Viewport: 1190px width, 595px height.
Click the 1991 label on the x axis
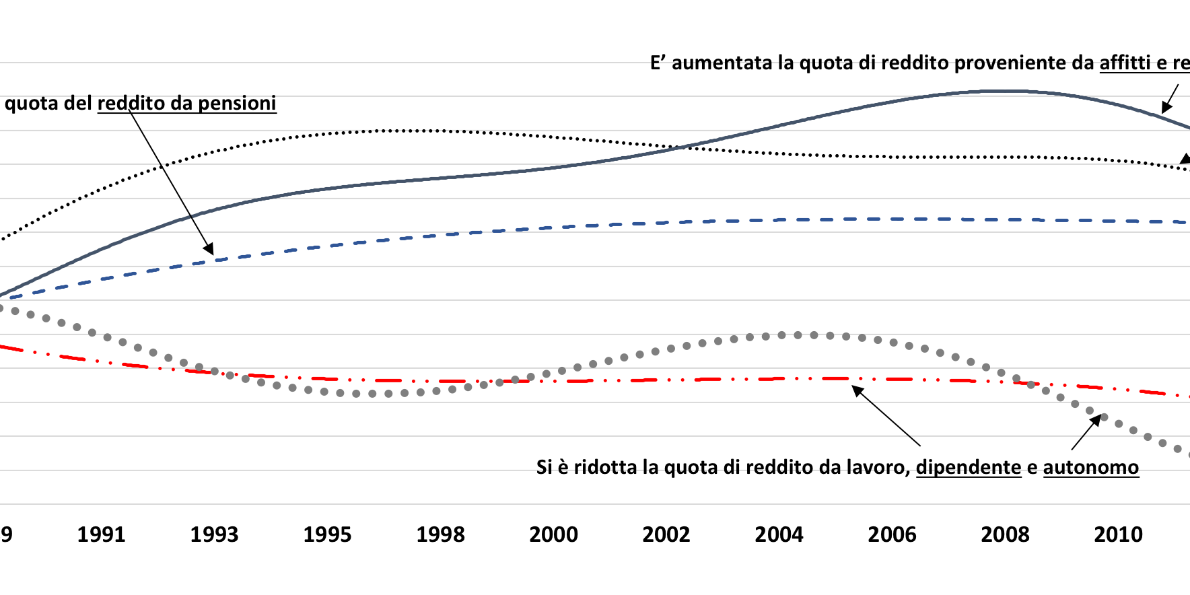(x=101, y=534)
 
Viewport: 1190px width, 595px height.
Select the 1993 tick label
(x=214, y=534)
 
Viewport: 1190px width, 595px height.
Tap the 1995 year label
(x=327, y=534)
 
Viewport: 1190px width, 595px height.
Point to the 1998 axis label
(x=440, y=534)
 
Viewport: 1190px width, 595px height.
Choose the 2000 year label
(x=553, y=534)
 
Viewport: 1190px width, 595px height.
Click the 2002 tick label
(x=666, y=534)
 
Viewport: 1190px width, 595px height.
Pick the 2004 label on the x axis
(x=779, y=534)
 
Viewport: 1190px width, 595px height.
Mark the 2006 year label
(x=892, y=534)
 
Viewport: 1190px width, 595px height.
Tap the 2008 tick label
(x=1005, y=534)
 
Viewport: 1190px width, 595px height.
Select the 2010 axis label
(x=1118, y=534)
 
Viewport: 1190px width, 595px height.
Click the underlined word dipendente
(x=969, y=467)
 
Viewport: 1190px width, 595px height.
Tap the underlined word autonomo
(x=1091, y=467)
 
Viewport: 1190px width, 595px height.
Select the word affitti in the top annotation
(x=1125, y=63)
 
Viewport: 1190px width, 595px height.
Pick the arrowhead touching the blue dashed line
(x=209, y=250)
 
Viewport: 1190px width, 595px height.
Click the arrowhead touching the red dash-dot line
(x=858, y=390)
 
